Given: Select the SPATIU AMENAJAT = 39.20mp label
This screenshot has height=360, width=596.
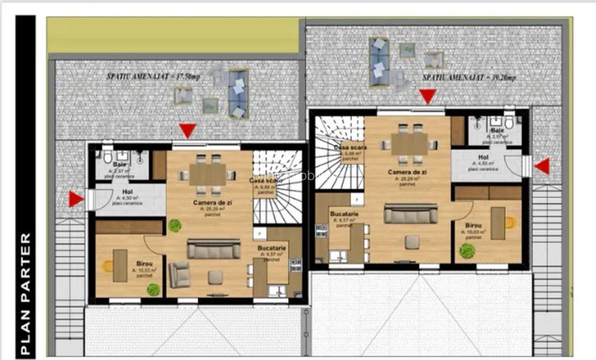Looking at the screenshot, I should click(x=468, y=77).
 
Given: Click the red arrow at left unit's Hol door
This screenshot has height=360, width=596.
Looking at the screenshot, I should click(x=76, y=199).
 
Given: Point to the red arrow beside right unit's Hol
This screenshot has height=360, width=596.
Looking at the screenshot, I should click(x=542, y=166).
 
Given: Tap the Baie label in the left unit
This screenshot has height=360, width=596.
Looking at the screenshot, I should click(x=120, y=164).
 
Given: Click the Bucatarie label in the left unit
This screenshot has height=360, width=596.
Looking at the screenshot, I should click(x=272, y=247).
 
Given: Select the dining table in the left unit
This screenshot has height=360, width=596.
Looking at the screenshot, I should click(x=208, y=174).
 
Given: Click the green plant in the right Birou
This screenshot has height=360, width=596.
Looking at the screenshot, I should click(x=467, y=251).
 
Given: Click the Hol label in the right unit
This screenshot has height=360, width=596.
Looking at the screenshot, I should click(x=483, y=157).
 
